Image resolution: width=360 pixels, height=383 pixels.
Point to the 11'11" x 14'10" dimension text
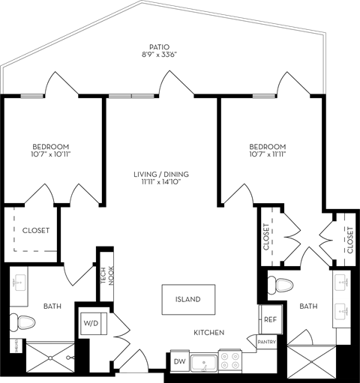click(161, 184)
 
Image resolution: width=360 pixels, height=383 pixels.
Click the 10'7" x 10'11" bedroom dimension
click(51, 154)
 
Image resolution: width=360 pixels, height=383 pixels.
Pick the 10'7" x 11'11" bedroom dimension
click(267, 154)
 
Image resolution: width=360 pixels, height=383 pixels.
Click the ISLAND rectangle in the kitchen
click(187, 300)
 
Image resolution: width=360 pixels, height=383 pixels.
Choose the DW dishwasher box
click(179, 362)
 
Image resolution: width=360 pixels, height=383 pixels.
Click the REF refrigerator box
click(270, 319)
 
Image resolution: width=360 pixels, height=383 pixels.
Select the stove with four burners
click(229, 361)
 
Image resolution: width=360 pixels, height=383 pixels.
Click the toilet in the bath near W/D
click(24, 323)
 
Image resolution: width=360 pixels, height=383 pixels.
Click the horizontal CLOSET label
click(35, 231)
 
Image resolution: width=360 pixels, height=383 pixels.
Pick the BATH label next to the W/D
click(52, 306)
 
